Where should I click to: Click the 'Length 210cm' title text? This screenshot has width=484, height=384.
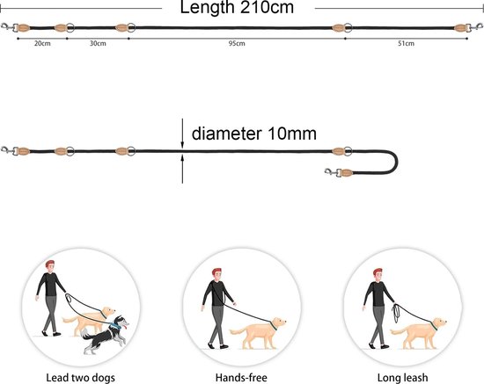[237, 7]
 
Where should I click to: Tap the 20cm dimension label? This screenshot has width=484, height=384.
[42, 43]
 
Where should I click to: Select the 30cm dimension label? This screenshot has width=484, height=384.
[98, 43]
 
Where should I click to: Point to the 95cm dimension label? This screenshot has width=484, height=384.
[237, 43]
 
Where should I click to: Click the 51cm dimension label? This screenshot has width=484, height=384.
[406, 43]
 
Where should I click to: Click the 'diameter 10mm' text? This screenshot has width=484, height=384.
[254, 134]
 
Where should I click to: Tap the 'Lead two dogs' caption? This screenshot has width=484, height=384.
[80, 378]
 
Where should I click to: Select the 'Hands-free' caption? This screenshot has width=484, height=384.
[241, 378]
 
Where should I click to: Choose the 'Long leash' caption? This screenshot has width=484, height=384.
[402, 378]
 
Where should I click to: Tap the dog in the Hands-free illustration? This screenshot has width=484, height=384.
[258, 333]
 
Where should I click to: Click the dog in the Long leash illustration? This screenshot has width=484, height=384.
[418, 333]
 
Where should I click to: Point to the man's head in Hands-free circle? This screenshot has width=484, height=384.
[217, 274]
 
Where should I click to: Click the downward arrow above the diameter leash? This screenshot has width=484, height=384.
[182, 134]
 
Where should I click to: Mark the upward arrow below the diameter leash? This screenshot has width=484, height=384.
[182, 169]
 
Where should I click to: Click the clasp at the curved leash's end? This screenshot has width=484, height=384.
[332, 172]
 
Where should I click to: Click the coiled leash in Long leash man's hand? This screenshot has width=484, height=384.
[395, 313]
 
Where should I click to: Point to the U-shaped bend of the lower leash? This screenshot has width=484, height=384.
[397, 162]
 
